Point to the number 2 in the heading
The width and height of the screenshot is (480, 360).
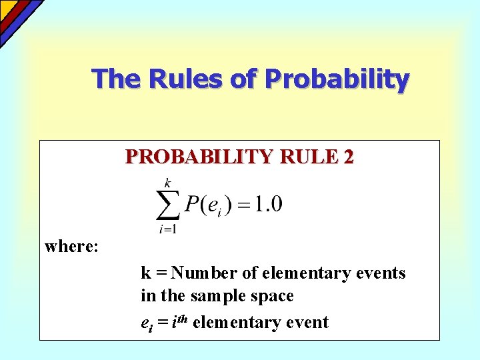(349, 157)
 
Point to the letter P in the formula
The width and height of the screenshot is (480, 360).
(191, 204)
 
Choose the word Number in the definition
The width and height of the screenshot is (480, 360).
(216, 273)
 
